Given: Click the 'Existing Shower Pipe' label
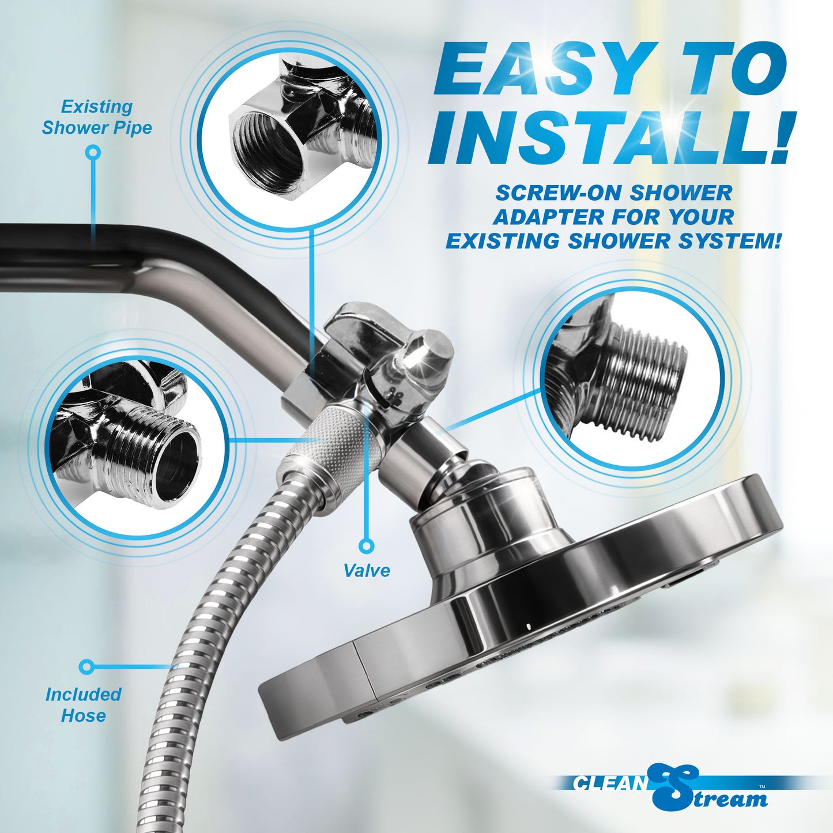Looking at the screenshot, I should [x=97, y=117].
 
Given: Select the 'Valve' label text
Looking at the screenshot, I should [x=367, y=570].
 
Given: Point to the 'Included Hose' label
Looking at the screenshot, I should [x=84, y=704].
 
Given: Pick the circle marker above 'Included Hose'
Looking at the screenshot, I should [x=86, y=667].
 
